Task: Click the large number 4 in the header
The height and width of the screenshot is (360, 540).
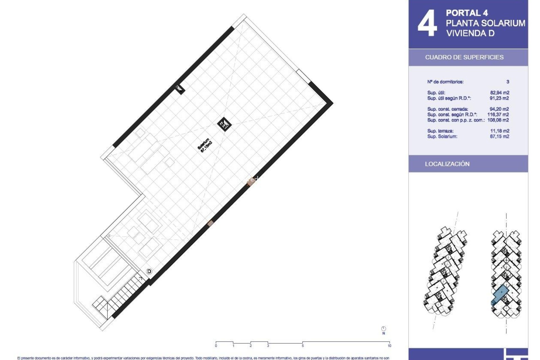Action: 427,23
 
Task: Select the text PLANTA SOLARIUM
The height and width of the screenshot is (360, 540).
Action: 485,23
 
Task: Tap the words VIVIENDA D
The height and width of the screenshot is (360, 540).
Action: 470,33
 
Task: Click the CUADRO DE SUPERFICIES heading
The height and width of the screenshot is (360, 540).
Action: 464,57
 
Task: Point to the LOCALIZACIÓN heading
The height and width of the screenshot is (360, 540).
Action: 447,164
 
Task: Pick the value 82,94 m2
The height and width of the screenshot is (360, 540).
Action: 499,93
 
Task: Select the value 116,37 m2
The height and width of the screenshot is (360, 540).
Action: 498,114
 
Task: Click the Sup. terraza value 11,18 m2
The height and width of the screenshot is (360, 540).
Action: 499,131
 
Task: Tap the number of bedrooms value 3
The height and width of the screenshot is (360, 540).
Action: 508,82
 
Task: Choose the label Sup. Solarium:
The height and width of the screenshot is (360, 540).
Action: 442,136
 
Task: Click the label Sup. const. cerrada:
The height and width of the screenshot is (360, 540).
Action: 448,109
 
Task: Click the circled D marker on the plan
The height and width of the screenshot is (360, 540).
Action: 149,271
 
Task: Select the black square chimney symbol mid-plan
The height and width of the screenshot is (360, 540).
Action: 224,124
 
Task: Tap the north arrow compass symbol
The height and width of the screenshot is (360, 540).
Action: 384,329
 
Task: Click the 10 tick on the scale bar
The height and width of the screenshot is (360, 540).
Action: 389,346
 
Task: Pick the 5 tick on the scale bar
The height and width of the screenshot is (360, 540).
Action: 303,346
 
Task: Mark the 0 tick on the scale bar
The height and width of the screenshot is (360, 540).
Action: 216,346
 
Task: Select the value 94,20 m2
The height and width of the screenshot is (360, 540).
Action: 499,109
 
